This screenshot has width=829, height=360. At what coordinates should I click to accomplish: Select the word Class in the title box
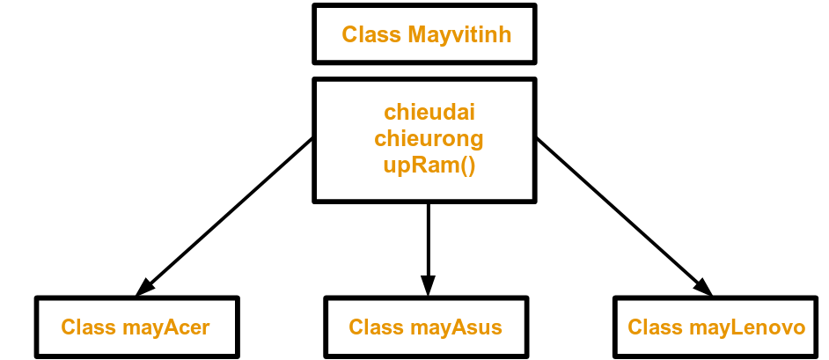click(370, 35)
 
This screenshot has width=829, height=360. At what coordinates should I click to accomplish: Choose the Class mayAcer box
click(136, 327)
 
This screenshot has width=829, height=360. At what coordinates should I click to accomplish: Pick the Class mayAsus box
click(425, 327)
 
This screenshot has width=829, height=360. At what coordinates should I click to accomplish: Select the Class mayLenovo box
click(715, 327)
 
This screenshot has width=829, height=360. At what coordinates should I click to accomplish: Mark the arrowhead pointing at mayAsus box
click(428, 285)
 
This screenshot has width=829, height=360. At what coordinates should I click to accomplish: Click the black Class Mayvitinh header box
click(424, 34)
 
